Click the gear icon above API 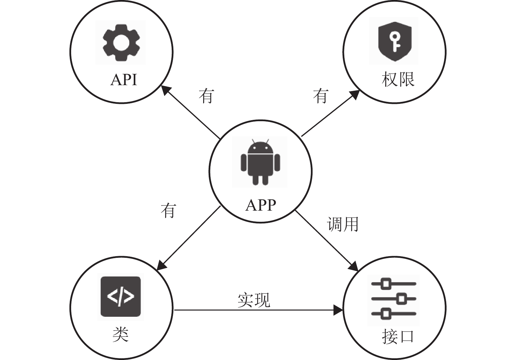click(121, 42)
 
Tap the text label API click(124, 80)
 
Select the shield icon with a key click(395, 41)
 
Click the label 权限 click(398, 80)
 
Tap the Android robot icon click(260, 162)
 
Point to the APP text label click(260, 205)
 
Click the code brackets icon click(121, 296)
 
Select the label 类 click(120, 335)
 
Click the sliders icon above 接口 click(394, 299)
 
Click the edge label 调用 click(342, 224)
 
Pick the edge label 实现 click(254, 300)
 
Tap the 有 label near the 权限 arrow click(321, 96)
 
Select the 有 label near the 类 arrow click(168, 211)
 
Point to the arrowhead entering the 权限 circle click(354, 94)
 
